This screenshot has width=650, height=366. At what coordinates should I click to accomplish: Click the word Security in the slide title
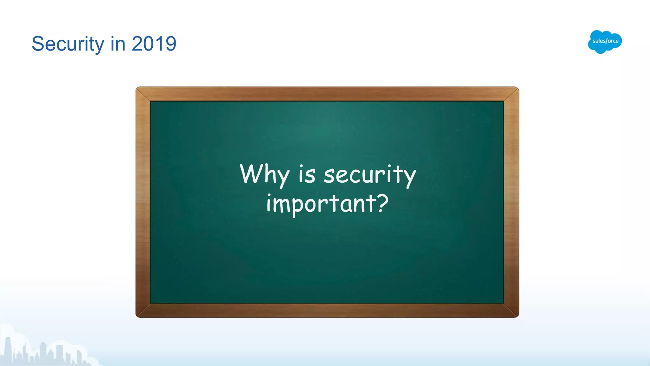68,44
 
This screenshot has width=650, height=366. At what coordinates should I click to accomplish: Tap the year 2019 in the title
154,44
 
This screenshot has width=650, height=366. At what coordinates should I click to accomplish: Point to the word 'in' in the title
118,44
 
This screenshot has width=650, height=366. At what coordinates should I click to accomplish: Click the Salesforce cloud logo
605,41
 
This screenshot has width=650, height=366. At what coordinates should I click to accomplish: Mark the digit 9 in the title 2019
170,44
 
